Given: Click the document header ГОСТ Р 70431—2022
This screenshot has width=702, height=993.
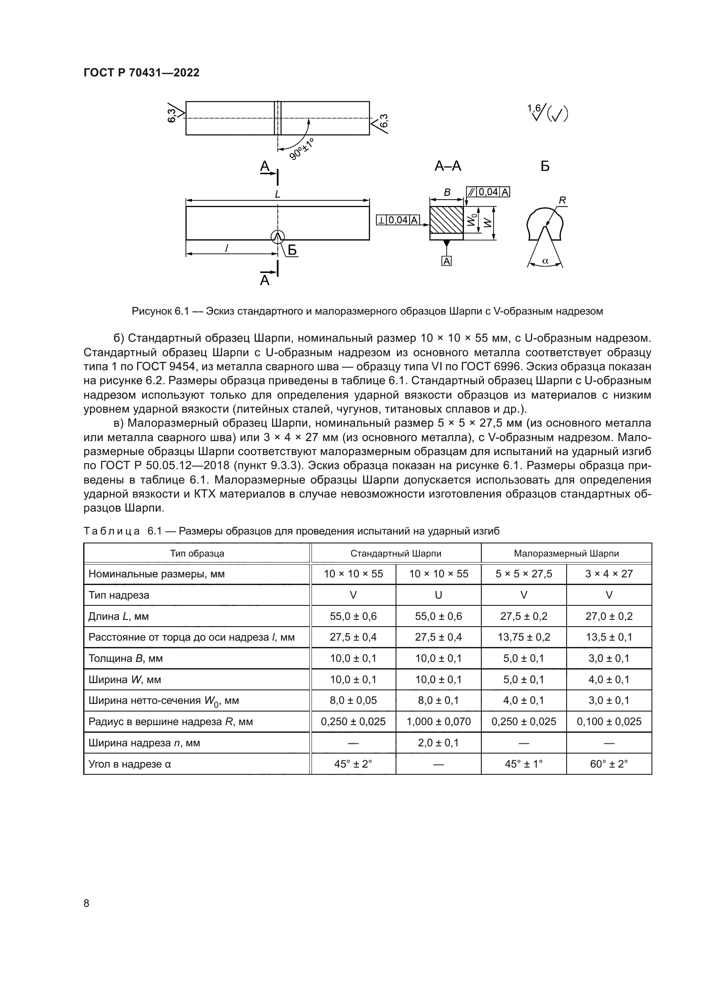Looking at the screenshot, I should (141, 73).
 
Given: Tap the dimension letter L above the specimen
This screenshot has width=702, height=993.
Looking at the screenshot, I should (278, 194).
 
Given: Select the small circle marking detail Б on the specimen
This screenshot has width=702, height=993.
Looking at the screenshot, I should (278, 236).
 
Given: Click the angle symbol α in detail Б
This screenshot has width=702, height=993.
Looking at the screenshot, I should (545, 261).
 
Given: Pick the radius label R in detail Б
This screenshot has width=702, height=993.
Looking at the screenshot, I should (562, 200).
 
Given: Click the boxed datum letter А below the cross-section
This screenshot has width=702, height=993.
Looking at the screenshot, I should (446, 261).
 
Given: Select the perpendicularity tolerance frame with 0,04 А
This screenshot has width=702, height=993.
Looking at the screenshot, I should (398, 220).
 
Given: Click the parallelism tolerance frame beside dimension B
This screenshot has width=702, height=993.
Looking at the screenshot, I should (488, 192).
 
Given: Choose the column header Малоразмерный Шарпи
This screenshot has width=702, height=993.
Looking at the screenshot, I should (566, 554).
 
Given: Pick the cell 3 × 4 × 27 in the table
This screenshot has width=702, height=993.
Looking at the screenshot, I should (609, 574).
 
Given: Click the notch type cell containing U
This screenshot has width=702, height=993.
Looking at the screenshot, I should (438, 595).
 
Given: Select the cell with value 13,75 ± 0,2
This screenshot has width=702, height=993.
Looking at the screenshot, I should (523, 637).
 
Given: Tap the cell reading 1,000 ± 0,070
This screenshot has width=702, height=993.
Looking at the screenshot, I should (438, 721).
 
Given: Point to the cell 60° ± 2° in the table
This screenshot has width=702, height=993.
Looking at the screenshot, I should (609, 764).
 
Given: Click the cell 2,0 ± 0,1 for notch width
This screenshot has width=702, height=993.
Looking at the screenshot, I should (438, 743).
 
